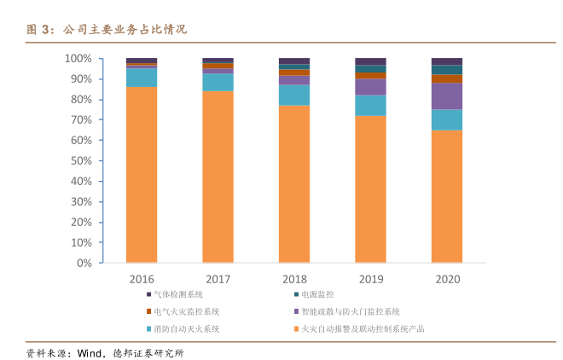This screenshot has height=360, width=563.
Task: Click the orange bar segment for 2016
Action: click(x=142, y=175)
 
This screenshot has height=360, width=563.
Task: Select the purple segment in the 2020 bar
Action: click(x=447, y=96)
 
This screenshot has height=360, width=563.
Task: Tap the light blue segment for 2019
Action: click(x=370, y=105)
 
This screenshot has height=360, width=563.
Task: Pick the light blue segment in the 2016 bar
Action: click(x=142, y=77)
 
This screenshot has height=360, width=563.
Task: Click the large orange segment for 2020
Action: click(x=447, y=197)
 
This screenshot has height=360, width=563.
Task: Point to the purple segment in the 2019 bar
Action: click(x=370, y=86)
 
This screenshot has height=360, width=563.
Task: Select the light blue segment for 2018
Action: click(x=294, y=95)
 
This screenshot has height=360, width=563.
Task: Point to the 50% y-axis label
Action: click(x=81, y=161)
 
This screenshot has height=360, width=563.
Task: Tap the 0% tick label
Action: click(x=84, y=264)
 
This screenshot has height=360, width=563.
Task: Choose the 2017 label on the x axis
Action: click(x=218, y=279)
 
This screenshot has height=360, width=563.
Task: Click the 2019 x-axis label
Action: click(x=370, y=279)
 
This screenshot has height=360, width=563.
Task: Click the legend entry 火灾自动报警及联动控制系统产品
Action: click(x=363, y=328)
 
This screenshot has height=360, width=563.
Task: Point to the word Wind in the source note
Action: click(x=89, y=352)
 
